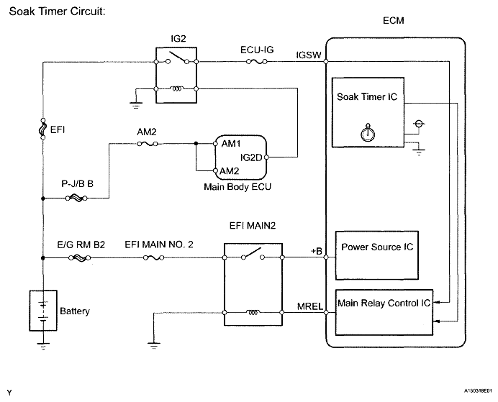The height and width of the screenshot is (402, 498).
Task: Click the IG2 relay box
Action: tap(176, 73)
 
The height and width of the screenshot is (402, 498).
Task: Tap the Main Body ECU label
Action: tap(232, 188)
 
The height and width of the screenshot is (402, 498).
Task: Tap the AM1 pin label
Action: tap(231, 144)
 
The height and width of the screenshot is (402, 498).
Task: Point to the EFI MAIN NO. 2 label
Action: tap(159, 245)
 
